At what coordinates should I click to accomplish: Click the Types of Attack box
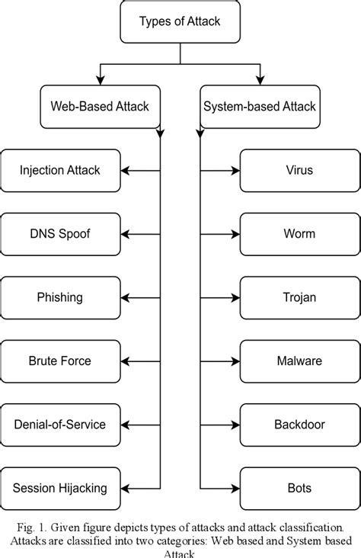tap(180, 21)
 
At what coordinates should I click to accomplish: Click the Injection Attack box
tap(60, 169)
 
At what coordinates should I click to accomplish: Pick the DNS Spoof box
tap(60, 233)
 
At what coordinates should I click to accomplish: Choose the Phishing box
tap(60, 297)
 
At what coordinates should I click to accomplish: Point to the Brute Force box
tap(60, 361)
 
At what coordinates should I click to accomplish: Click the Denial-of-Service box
tap(60, 424)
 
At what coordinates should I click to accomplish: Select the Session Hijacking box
tap(60, 487)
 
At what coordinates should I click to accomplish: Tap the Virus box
tap(299, 169)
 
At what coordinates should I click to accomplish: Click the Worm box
tap(299, 233)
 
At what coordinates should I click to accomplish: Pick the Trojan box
tap(299, 297)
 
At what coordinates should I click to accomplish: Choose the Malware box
tap(299, 361)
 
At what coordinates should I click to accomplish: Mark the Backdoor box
tap(299, 424)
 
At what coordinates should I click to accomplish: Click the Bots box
tap(299, 487)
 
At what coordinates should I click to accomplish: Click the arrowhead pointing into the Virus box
tap(235, 169)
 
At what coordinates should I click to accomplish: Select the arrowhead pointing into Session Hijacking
tap(125, 487)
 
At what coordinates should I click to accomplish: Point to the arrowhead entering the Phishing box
tap(125, 297)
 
